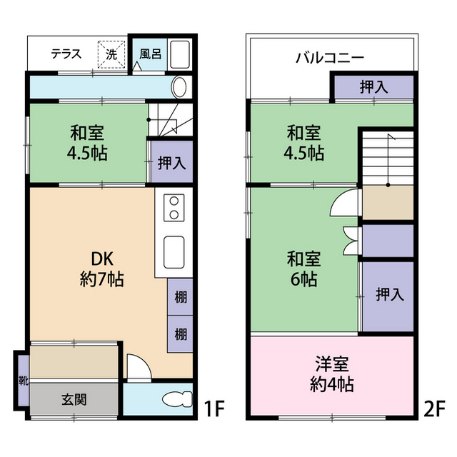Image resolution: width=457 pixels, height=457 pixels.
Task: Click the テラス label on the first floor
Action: (x=66, y=54)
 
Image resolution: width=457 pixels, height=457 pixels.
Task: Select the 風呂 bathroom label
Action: (x=150, y=53)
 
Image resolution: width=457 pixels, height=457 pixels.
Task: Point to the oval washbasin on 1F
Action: (x=180, y=87)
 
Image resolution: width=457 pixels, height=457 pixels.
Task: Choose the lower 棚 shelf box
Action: (x=181, y=333)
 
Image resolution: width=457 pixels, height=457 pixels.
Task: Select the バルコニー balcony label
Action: (x=330, y=58)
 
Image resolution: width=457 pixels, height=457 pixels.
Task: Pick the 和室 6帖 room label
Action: (x=304, y=268)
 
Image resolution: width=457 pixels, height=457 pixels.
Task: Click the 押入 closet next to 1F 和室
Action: (x=171, y=162)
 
